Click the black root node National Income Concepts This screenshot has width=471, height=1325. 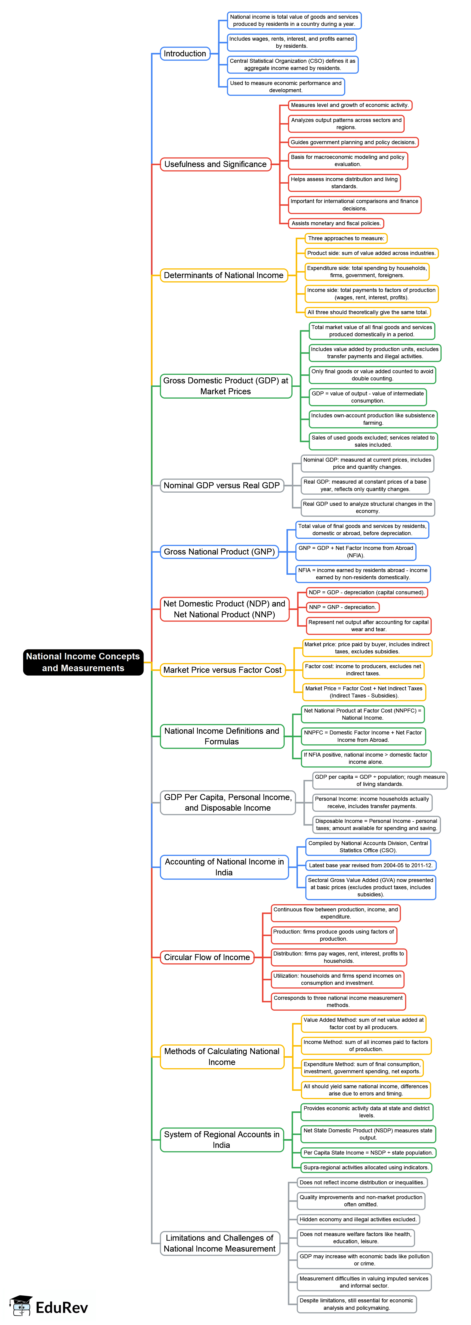coord(83,662)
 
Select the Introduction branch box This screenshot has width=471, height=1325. coord(185,54)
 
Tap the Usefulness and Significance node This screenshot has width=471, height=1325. coord(215,164)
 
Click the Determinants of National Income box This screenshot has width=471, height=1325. coord(223,275)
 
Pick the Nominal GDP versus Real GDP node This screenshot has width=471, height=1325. coord(221,485)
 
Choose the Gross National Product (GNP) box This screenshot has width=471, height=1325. coord(219,551)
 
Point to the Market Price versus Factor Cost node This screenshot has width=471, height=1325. coord(222,670)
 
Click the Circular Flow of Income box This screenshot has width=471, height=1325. coord(207,957)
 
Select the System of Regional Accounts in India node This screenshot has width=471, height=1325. coord(221,1139)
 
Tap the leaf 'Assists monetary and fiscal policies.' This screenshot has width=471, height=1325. coord(336,223)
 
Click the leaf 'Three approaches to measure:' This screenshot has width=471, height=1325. coord(346,238)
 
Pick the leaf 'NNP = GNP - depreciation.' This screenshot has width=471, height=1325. coord(342,607)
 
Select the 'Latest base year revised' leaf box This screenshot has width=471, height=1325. coord(370,865)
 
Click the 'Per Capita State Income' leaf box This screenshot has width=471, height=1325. coord(368,1153)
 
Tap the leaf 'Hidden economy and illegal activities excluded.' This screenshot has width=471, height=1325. coord(358,1219)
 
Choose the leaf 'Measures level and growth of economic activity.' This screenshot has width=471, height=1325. coord(349,105)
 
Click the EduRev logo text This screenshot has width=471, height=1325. coord(62,1307)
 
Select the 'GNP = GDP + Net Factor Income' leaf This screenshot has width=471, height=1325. coord(355,551)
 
